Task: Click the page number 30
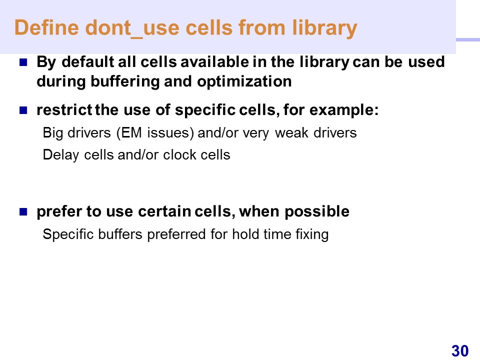tap(460, 350)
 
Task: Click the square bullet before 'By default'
tap(23, 62)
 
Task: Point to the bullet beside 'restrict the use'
tap(23, 110)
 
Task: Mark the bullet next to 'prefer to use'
tap(23, 211)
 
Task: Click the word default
tap(88, 62)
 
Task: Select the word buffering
tap(125, 82)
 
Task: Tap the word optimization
tap(244, 81)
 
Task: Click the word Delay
tap(61, 155)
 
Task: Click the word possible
tap(317, 212)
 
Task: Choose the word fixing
tap(312, 235)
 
